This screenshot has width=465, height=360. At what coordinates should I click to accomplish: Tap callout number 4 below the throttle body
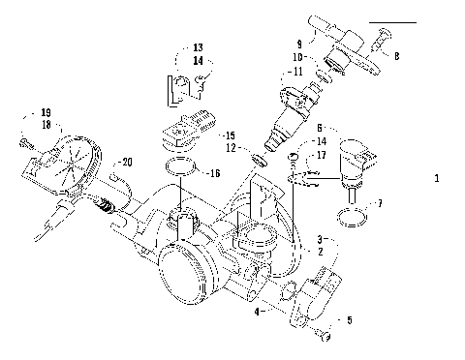coord(257,312)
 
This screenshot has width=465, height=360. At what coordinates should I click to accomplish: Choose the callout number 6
coord(321,127)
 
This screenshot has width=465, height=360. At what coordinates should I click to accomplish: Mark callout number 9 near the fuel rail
coord(299,44)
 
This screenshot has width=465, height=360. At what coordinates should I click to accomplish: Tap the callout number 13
coord(197,46)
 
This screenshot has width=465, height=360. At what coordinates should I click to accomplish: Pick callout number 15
coord(229,135)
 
